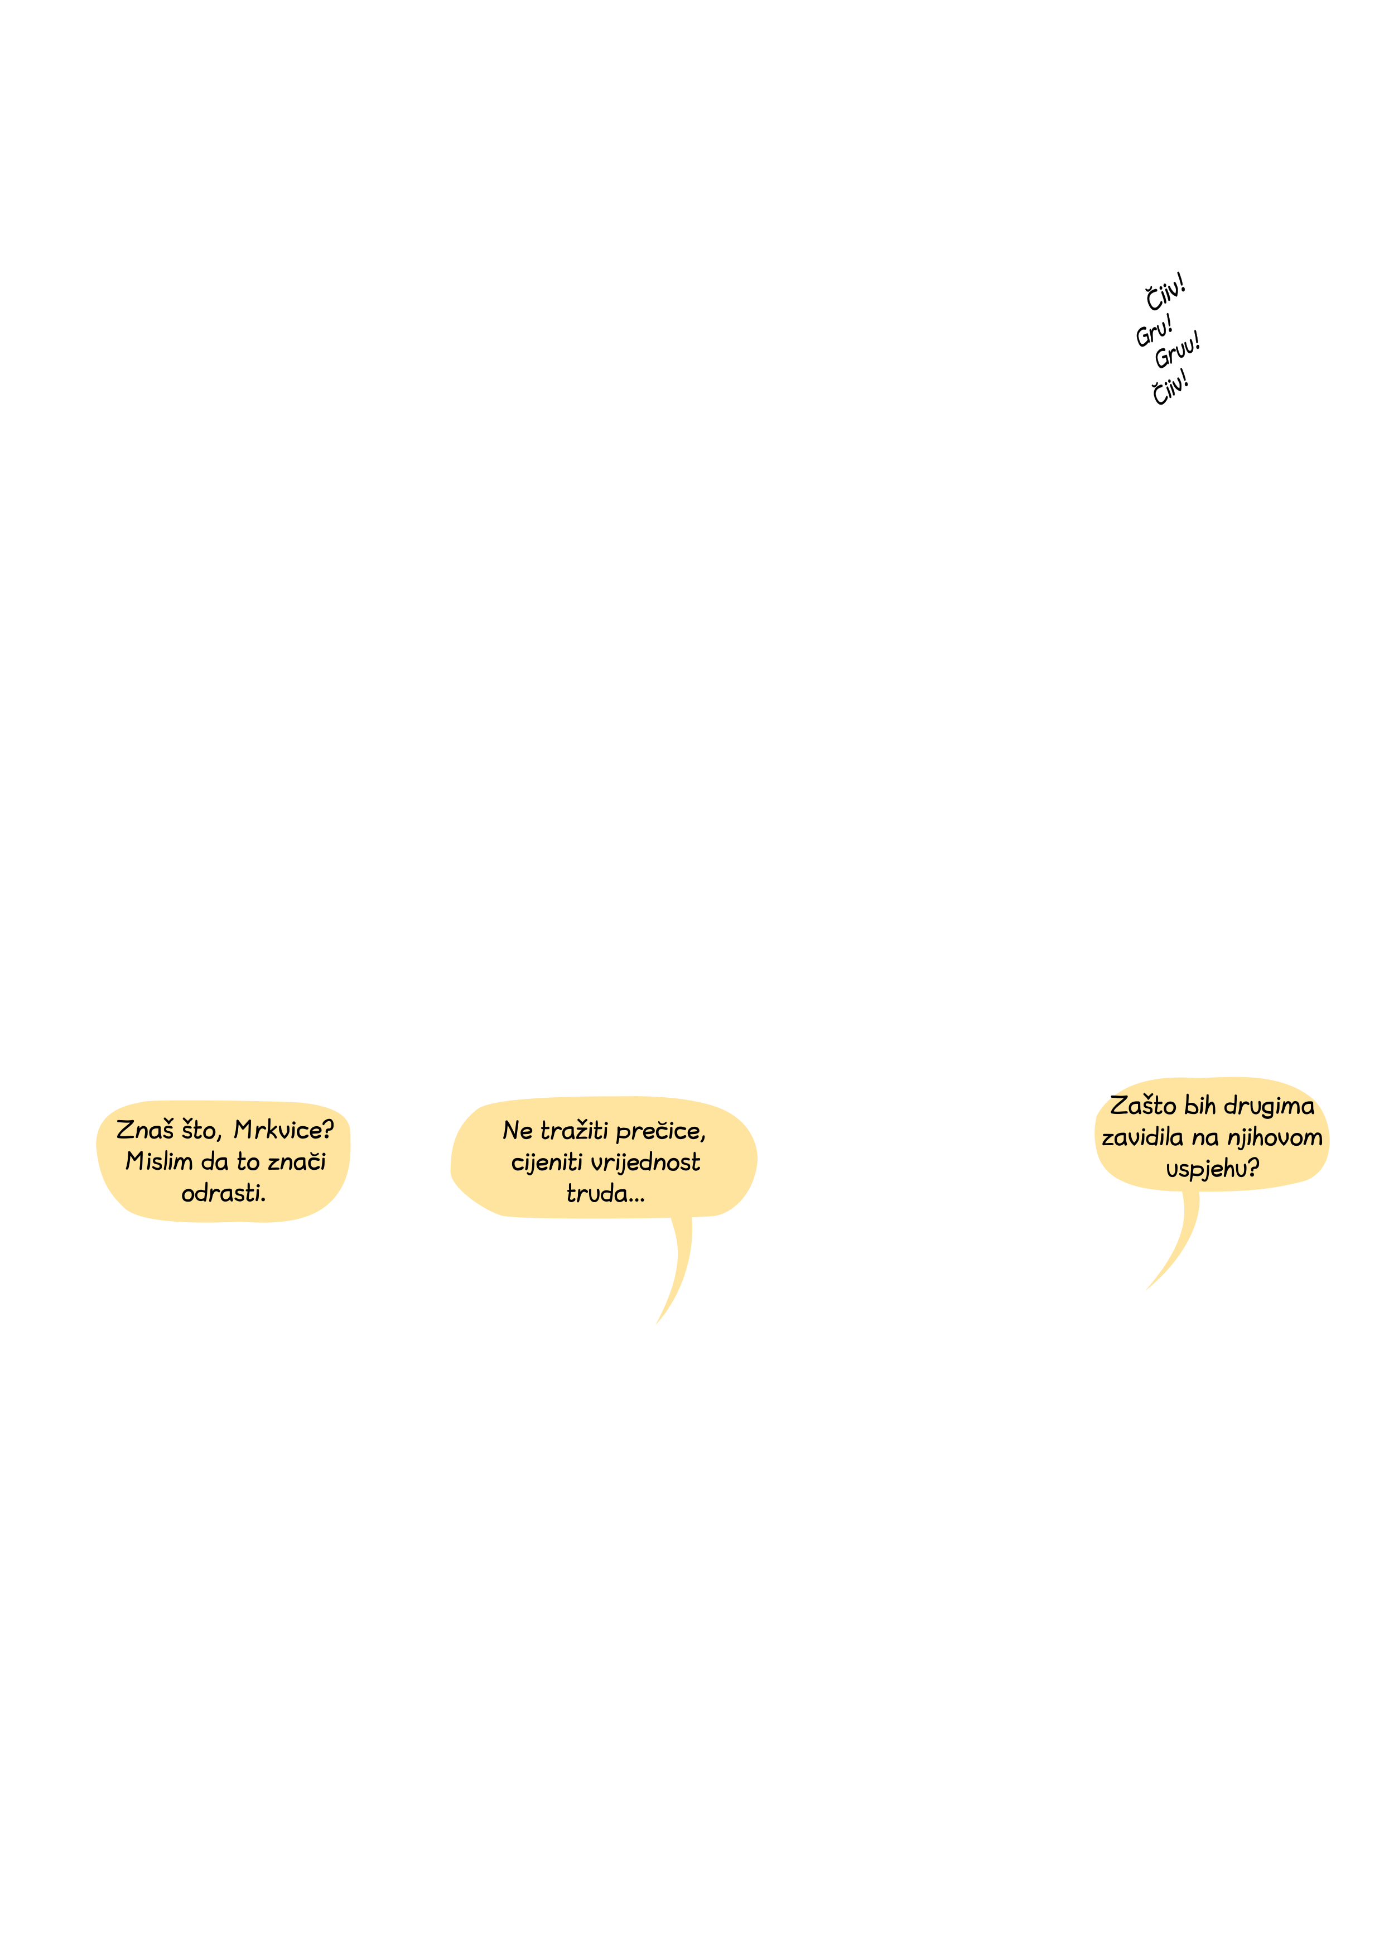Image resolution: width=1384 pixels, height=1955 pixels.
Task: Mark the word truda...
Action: pos(606,1194)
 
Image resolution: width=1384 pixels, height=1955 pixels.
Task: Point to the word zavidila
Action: pos(1142,1137)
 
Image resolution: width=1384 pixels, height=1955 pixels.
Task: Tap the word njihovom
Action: pos(1274,1138)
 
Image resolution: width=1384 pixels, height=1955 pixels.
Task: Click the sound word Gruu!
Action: pos(1178,349)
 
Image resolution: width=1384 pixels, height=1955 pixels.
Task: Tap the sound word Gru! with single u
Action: pos(1155,331)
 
